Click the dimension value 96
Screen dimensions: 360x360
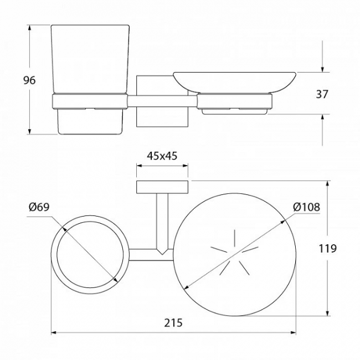[29, 80]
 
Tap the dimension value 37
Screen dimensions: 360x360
[322, 94]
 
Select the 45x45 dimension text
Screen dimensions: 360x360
[162, 156]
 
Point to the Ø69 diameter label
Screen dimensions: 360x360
[39, 207]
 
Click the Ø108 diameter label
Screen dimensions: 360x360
[306, 207]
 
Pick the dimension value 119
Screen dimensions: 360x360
[328, 248]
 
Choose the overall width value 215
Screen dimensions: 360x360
[173, 322]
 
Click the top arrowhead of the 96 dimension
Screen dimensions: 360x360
[29, 28]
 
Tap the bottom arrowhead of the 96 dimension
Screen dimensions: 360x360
[29, 131]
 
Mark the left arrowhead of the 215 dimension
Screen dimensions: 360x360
[54, 332]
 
